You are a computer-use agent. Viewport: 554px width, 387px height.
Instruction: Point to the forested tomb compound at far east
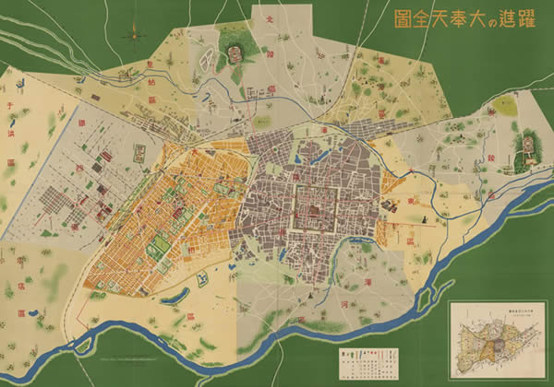528,147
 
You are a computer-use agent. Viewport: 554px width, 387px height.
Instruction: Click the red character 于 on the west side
12,107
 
